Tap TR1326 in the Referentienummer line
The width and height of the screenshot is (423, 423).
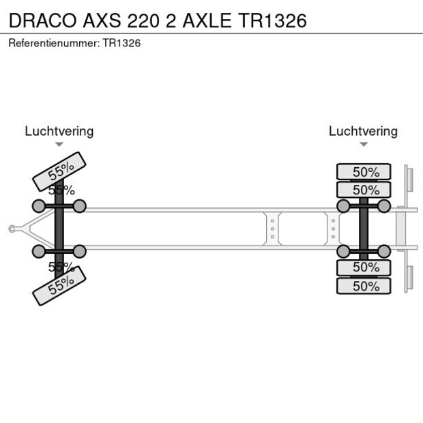click(x=121, y=43)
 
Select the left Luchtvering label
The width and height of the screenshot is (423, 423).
click(x=59, y=131)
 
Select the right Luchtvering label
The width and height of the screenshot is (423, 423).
click(x=363, y=131)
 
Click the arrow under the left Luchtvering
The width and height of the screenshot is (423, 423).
click(x=59, y=144)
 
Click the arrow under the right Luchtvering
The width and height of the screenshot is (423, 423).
click(x=363, y=144)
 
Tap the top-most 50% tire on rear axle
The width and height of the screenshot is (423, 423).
click(x=364, y=172)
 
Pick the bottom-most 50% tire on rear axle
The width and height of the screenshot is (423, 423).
click(x=364, y=286)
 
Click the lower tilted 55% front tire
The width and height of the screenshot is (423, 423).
click(x=59, y=285)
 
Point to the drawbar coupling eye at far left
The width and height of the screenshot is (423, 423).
click(x=12, y=229)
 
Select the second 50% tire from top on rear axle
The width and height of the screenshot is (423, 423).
click(x=364, y=190)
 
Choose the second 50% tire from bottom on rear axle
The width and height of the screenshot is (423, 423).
click(x=364, y=267)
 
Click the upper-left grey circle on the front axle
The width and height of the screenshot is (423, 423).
click(x=38, y=206)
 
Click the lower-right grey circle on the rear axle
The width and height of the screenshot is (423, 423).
click(x=384, y=251)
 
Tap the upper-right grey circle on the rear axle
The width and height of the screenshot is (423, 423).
click(x=384, y=206)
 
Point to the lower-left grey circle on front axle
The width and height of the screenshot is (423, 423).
click(x=38, y=251)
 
